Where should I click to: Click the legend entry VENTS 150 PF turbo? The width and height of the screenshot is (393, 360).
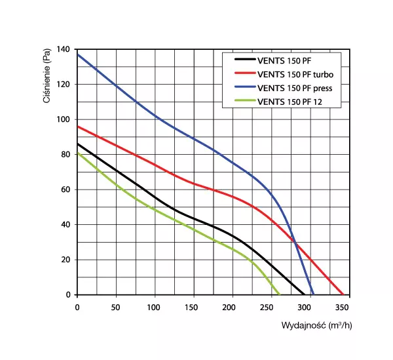291,73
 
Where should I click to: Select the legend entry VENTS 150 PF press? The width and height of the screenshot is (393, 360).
291,87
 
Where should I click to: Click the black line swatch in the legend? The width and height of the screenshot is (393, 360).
244,60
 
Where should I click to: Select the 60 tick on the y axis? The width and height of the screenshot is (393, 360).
65,190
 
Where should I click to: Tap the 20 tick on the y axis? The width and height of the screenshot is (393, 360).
65,260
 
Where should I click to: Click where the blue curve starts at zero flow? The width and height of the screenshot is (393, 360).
77,54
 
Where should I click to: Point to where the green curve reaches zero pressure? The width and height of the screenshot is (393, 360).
280,294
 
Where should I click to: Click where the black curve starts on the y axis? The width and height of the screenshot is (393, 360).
77,144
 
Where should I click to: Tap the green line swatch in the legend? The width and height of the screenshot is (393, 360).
244,101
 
